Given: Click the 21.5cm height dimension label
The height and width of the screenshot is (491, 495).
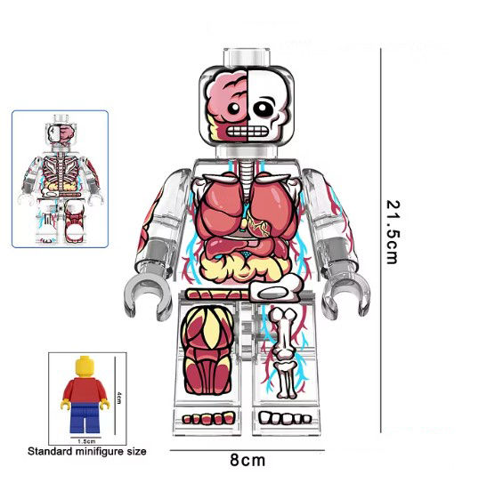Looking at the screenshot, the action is [394, 232].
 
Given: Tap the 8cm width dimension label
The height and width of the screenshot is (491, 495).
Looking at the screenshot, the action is [247, 460].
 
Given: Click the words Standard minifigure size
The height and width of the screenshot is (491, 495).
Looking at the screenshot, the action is [87, 451].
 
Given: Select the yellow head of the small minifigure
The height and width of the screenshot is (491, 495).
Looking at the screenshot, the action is [85, 366].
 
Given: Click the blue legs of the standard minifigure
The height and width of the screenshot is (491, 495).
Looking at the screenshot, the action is [85, 417].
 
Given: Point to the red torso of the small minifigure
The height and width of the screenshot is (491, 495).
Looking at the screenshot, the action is [85, 390].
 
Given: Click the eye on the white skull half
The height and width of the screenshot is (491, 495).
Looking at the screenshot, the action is [264, 109].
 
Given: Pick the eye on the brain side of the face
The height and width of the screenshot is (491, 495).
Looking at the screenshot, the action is [234, 109].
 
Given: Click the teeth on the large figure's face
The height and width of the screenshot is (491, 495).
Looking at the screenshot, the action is [247, 131].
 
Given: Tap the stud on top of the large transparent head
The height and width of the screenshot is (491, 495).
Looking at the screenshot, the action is [247, 57].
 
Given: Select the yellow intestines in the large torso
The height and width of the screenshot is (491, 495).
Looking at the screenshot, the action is [243, 267].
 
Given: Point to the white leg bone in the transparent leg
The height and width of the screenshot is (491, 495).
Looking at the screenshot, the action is [284, 353].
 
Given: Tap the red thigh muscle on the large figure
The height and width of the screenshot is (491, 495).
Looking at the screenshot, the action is [208, 350].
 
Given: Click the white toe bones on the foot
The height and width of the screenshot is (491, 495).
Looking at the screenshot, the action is [285, 418].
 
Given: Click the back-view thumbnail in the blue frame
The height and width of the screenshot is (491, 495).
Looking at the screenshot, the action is [60, 179].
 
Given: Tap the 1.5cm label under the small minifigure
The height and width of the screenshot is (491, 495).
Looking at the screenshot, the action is [86, 441].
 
